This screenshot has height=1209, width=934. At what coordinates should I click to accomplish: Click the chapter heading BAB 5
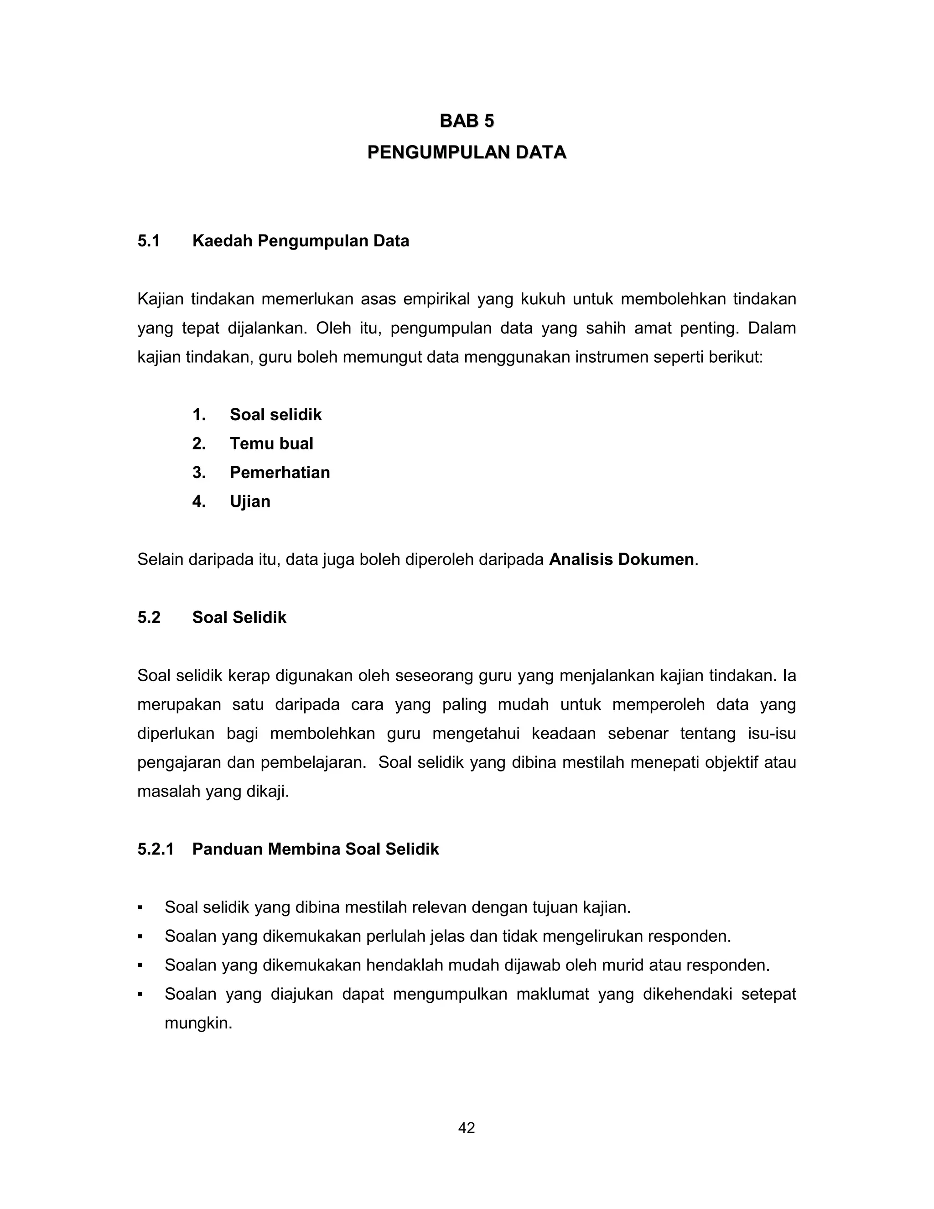click(467, 121)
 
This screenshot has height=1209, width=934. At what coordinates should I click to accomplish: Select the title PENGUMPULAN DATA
click(467, 152)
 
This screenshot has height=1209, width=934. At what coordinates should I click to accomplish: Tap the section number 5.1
click(148, 241)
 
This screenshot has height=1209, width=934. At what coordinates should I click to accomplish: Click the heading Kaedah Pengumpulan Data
click(301, 241)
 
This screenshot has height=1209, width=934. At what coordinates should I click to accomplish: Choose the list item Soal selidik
click(275, 415)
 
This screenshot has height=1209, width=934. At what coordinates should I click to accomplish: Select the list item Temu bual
click(271, 443)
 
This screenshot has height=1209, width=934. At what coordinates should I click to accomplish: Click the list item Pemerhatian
click(280, 472)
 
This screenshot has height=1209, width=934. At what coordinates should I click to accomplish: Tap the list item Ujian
click(250, 501)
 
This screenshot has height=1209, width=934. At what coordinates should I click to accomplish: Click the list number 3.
click(199, 472)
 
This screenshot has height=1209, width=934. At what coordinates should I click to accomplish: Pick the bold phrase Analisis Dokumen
click(621, 560)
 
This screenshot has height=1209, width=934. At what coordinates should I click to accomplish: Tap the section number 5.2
click(149, 617)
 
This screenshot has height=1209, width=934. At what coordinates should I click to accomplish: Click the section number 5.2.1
click(156, 849)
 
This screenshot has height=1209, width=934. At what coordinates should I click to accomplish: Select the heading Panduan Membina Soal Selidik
click(316, 849)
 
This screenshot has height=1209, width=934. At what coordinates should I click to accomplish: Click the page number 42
click(467, 1128)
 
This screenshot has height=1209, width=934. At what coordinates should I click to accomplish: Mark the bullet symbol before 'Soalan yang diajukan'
click(140, 995)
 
